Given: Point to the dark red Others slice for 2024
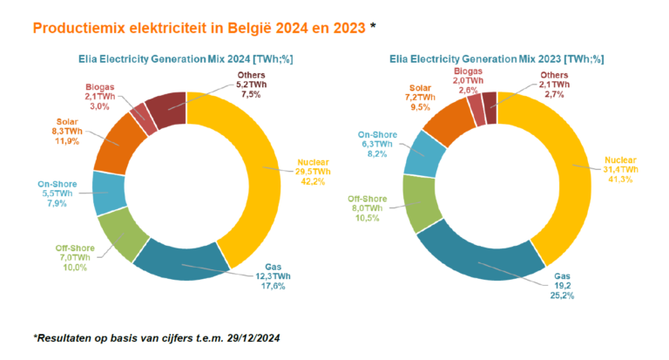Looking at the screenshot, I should pos(166,107).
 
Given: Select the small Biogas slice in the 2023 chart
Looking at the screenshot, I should pos(476,108).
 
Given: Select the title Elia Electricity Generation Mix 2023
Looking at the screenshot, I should pos(493,58).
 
